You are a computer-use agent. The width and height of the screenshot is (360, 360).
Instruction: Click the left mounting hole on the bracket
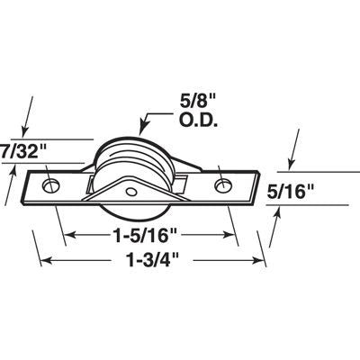[x=51, y=186]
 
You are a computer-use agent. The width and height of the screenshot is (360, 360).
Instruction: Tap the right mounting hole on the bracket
[x=222, y=186]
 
